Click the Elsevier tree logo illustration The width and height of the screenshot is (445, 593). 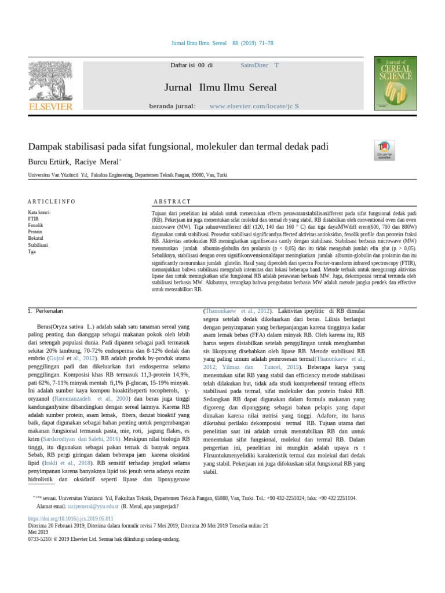coord(50,79)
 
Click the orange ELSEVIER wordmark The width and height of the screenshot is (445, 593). coord(51,107)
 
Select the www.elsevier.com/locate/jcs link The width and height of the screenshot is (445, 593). coord(254,107)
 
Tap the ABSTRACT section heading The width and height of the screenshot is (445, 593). coord(172,202)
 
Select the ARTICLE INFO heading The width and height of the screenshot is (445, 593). coord(52,202)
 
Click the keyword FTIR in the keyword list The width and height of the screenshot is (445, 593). coord(34,219)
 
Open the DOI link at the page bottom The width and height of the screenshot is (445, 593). coord(71,518)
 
